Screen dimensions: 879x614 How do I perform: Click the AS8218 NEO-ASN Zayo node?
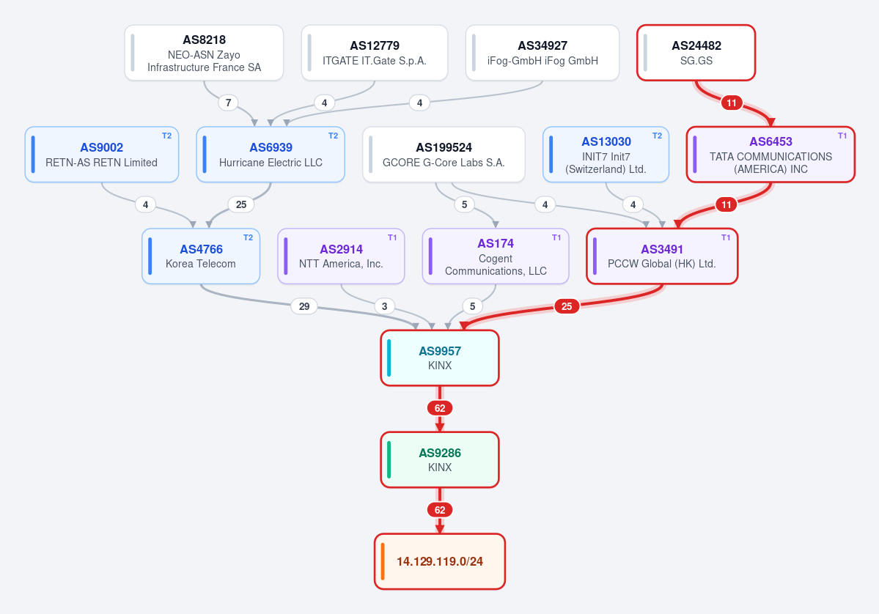[x=204, y=53]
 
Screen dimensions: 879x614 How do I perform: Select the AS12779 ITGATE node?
[x=375, y=53]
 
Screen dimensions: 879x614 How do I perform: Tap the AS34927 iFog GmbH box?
[x=543, y=53]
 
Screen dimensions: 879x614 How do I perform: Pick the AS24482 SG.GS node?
[x=696, y=53]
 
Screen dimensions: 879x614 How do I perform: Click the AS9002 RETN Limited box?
[x=101, y=155]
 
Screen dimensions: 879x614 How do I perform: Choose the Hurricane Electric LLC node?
[x=271, y=155]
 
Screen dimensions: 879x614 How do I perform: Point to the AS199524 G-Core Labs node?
[x=444, y=155]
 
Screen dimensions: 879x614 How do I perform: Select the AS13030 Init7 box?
[x=606, y=155]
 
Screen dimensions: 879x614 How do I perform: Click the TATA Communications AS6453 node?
[x=770, y=155]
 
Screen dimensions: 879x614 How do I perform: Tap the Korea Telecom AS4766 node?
[x=201, y=256]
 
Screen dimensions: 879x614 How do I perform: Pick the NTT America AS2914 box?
[x=341, y=256]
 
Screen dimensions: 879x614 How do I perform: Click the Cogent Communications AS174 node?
[x=496, y=256]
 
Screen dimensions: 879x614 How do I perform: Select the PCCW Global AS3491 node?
[x=662, y=256]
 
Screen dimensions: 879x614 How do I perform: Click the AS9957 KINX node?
[x=440, y=358]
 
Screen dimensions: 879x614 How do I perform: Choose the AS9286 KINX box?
[x=440, y=460]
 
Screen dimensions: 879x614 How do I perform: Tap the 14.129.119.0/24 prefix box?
[x=440, y=561]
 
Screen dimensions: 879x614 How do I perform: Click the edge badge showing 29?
[x=304, y=306]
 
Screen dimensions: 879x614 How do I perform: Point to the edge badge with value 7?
[x=228, y=103]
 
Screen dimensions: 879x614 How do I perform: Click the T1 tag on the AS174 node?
[x=556, y=237]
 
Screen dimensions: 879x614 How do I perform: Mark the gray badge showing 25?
[x=241, y=204]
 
